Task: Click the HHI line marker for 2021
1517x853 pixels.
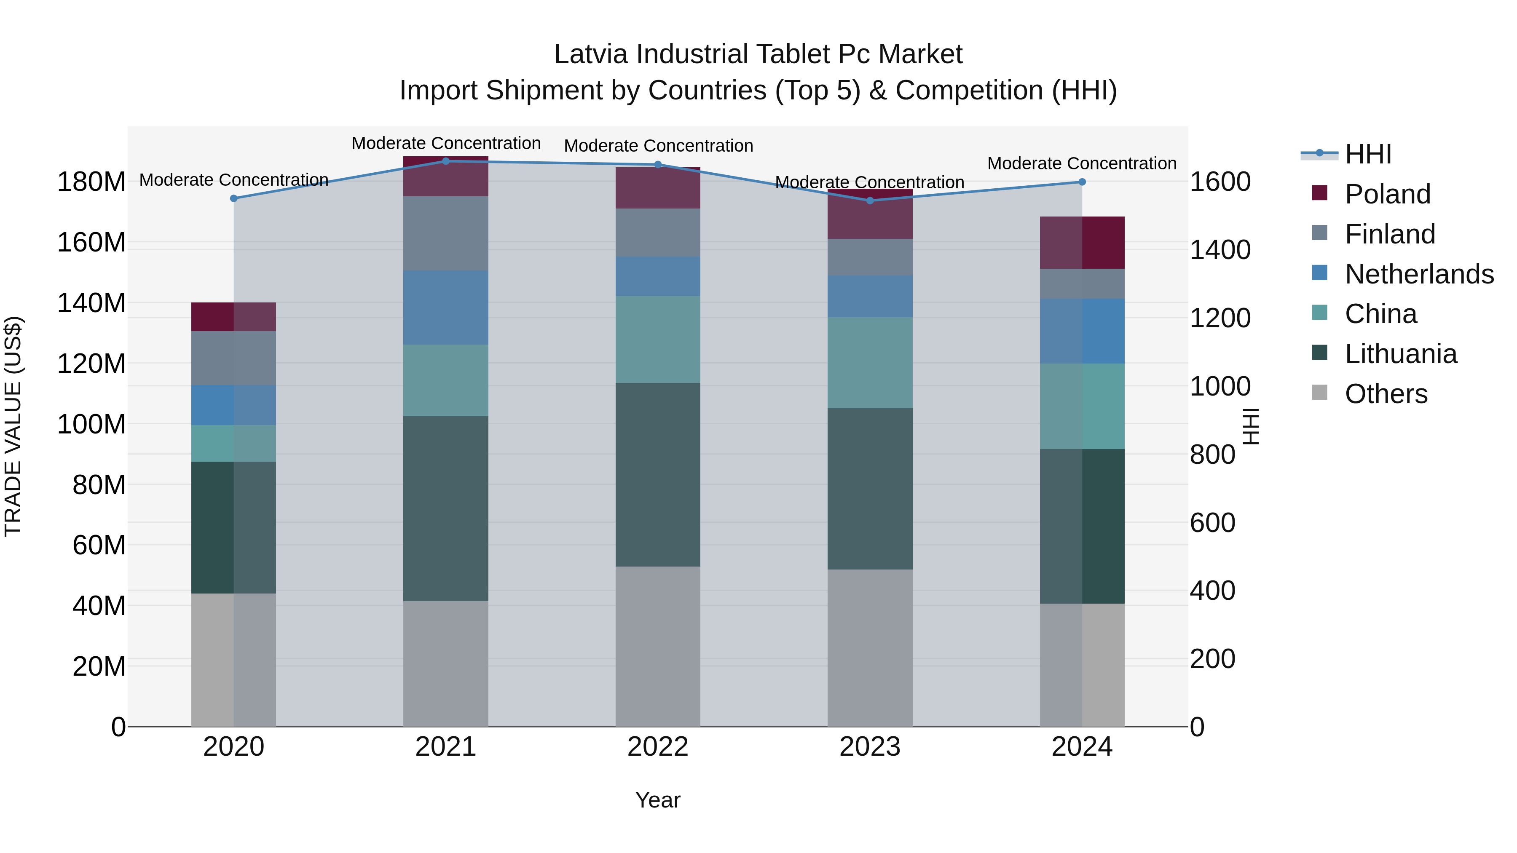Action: [446, 161]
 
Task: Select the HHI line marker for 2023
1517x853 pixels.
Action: [870, 201]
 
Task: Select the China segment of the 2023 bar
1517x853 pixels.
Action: [870, 363]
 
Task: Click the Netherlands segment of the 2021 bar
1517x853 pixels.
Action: [446, 308]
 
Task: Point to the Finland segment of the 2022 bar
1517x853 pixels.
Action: [658, 233]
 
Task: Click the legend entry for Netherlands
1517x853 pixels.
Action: [1419, 274]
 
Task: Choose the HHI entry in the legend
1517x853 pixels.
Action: [1367, 154]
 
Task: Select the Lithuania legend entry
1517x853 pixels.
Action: [1400, 354]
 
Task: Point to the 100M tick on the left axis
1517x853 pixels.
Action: [91, 425]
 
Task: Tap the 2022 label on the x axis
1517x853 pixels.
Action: [658, 747]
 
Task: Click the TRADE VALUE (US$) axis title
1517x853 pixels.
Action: [13, 426]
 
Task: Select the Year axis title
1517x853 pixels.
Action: [658, 800]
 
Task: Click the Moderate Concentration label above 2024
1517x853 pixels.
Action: [1082, 164]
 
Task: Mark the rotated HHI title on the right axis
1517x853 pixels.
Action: [1250, 426]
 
